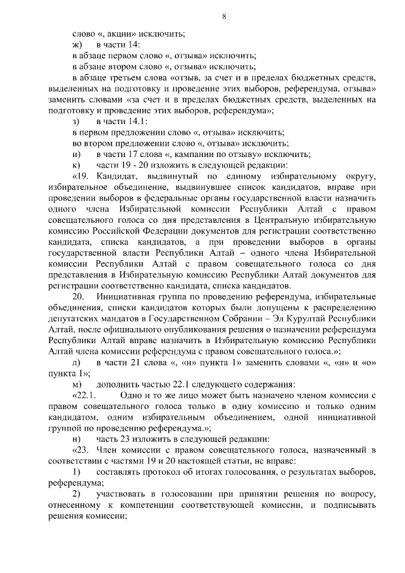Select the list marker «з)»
click(77, 121)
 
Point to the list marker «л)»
click(77, 363)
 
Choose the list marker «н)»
click(77, 439)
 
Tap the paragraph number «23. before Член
click(82, 450)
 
